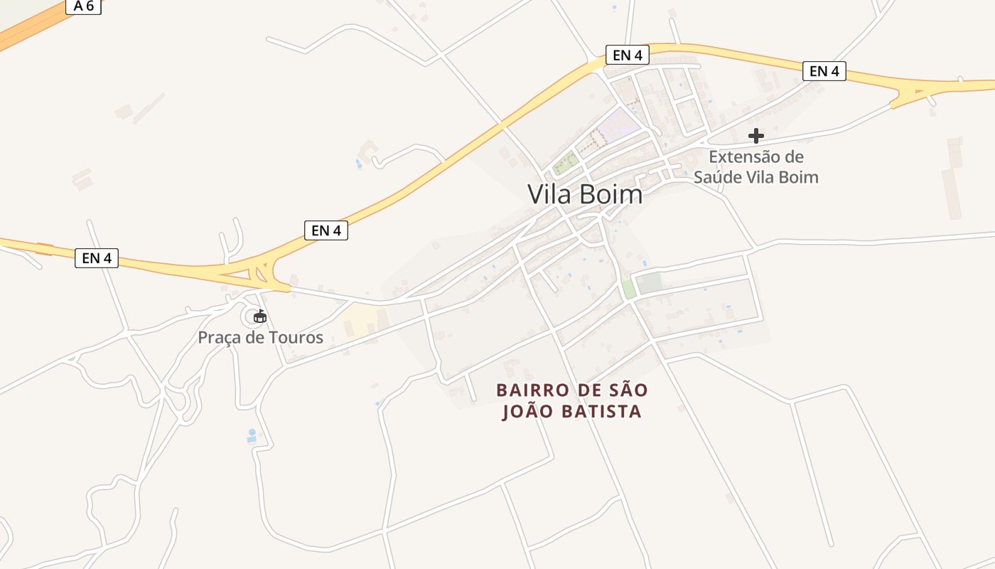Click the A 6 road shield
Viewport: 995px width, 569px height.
pos(83,6)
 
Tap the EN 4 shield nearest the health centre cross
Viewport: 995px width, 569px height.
pos(824,71)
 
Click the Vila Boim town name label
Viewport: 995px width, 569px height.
pos(585,194)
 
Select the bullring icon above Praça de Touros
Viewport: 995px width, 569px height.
pos(259,317)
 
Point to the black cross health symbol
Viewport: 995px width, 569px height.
pos(756,135)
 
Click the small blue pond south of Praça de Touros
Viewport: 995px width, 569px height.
pos(252,435)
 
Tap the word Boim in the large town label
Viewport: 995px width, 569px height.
pos(611,194)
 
